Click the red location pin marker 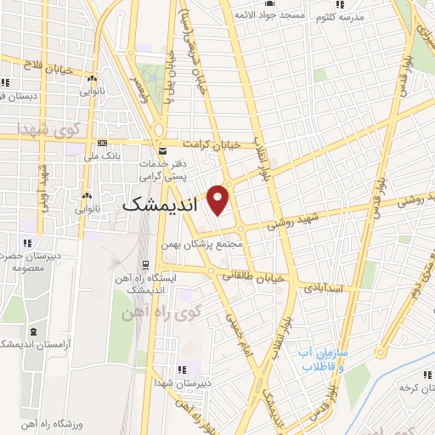pyautogui.click(x=219, y=197)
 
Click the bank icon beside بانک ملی pyautogui.click(x=103, y=143)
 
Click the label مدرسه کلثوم pyautogui.click(x=342, y=17)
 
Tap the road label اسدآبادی pyautogui.click(x=324, y=289)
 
